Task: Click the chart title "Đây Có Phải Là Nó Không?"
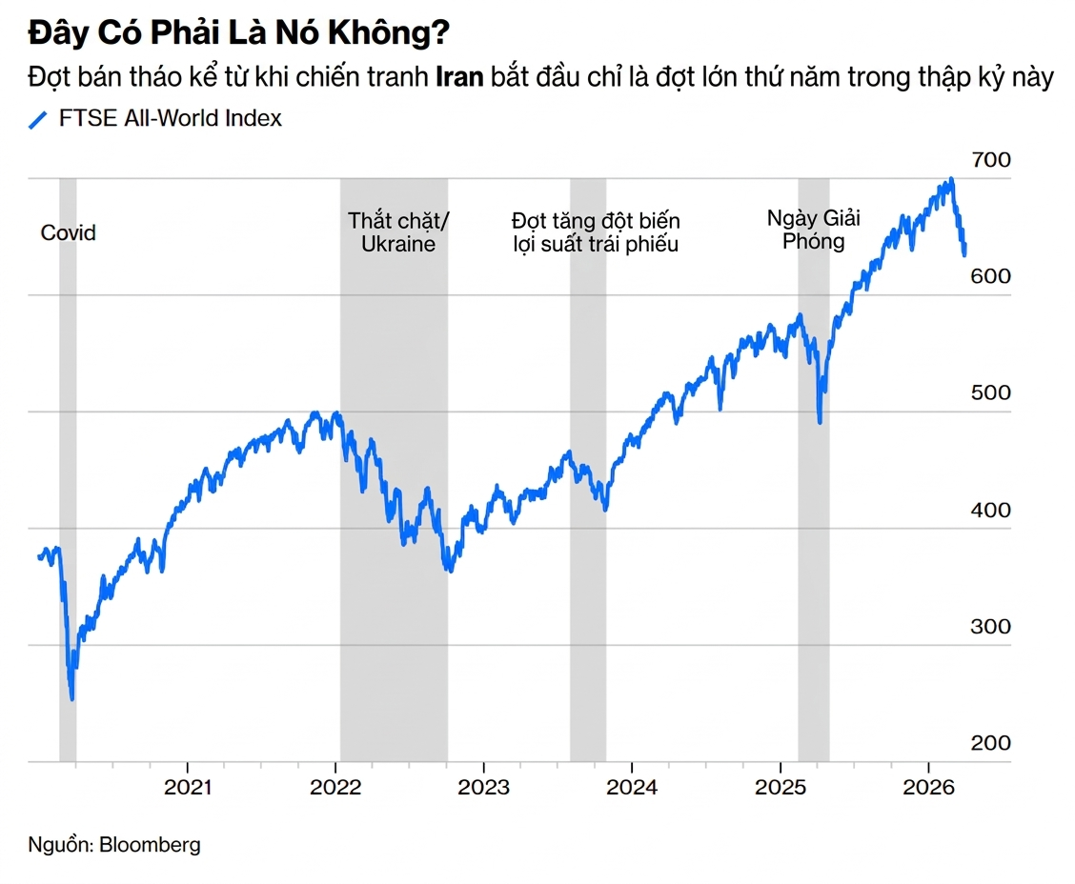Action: coord(238,34)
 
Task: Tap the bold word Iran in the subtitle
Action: coord(459,77)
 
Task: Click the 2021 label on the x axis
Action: coord(188,788)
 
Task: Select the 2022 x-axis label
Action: coord(335,788)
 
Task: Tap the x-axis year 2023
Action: coord(483,788)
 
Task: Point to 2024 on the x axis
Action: coord(632,788)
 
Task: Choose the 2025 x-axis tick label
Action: coord(781,788)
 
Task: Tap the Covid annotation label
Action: coord(69,232)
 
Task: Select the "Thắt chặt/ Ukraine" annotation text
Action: coord(398,232)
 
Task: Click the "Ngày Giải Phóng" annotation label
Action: coord(814,230)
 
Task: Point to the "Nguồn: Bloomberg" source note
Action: coord(114,844)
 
